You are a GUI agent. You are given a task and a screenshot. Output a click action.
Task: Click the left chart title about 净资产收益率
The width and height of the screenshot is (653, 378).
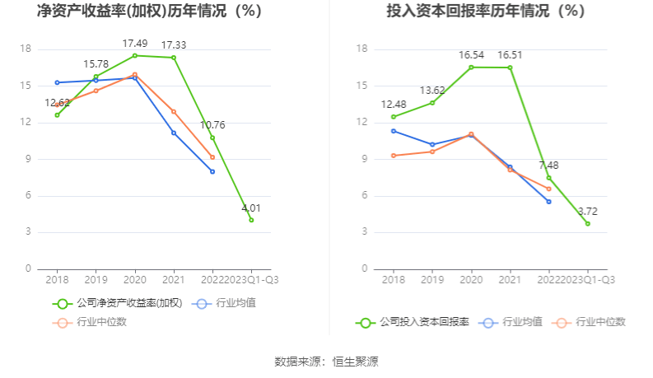[149, 12]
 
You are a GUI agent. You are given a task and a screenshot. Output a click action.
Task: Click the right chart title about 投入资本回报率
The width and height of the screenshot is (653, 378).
[486, 12]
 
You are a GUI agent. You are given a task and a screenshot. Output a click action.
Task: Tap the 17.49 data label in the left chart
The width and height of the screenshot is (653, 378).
[135, 44]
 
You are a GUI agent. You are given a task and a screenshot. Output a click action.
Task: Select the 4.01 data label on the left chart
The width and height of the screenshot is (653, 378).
[251, 208]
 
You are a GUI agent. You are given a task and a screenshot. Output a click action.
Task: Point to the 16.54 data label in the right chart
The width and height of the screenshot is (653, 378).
[471, 55]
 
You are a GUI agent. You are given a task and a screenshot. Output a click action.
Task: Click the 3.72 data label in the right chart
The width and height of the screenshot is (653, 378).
[587, 212]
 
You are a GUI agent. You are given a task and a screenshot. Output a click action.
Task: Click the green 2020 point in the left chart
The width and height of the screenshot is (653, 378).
[135, 55]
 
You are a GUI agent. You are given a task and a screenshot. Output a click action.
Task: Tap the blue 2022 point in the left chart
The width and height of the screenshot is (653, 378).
[212, 171]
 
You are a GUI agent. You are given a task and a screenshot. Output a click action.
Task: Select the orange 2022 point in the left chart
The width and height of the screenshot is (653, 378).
[212, 156]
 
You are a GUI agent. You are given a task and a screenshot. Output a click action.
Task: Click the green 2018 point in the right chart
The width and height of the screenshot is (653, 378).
[394, 117]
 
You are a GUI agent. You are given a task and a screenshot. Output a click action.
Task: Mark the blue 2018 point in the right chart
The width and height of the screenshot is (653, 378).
[394, 131]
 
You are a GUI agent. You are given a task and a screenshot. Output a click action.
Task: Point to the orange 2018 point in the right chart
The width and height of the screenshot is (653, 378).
[394, 156]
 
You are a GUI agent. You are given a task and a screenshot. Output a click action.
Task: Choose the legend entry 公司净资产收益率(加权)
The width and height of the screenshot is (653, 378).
[119, 303]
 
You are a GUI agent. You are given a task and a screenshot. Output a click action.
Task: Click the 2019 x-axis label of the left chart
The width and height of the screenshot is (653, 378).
[96, 279]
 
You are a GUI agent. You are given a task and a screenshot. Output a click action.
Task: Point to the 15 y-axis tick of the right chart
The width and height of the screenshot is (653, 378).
[361, 86]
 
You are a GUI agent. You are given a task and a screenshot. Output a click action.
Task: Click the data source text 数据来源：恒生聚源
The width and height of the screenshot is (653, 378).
[326, 362]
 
